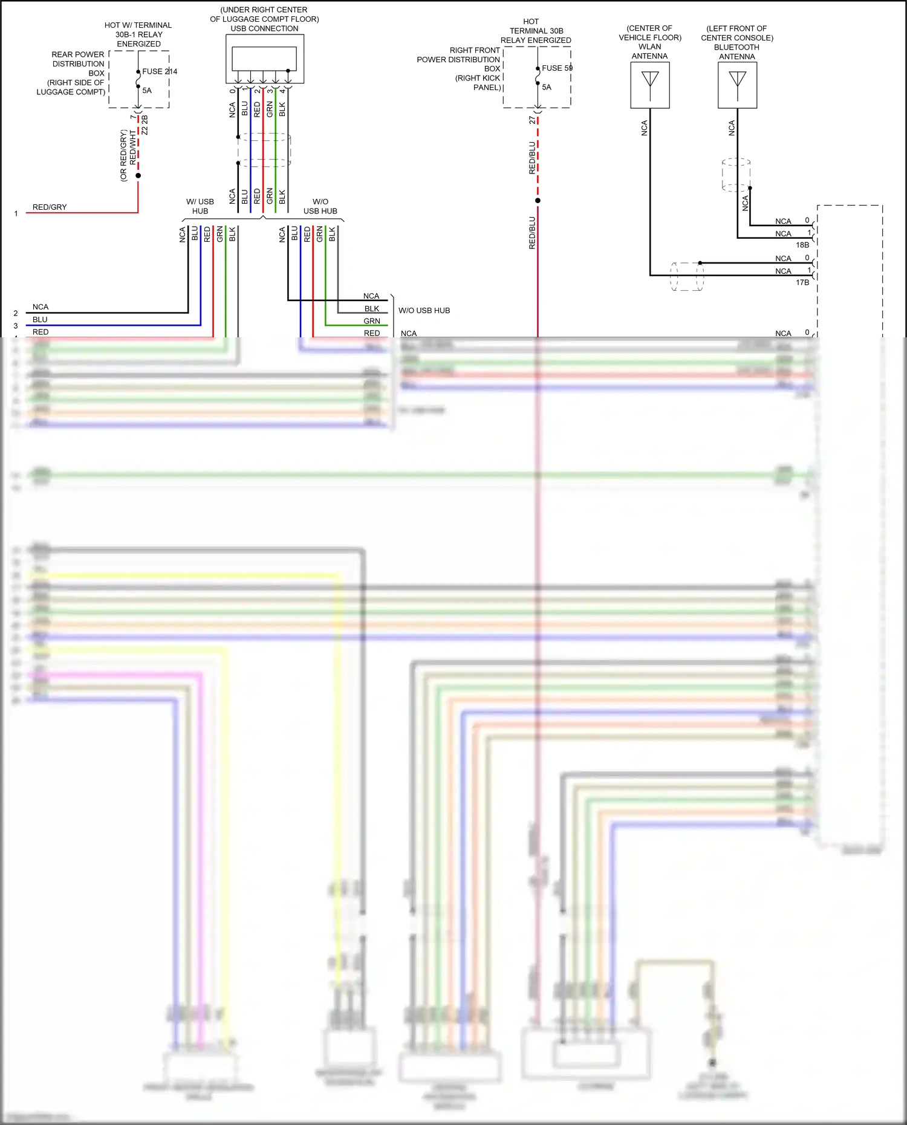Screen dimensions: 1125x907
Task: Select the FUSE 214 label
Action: point(160,71)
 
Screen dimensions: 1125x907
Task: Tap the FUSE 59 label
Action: point(557,68)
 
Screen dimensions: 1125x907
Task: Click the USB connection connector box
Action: point(264,59)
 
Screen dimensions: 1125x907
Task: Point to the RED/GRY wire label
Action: point(50,207)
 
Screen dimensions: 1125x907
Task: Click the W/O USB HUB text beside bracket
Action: point(424,311)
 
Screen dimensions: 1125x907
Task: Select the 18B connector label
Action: point(802,245)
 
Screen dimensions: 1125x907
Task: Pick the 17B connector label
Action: point(802,282)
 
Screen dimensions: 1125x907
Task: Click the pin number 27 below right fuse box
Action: point(532,120)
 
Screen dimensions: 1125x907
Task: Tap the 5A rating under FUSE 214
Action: point(147,91)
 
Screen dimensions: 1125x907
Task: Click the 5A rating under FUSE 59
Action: point(547,87)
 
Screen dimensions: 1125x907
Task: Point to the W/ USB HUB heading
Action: point(200,206)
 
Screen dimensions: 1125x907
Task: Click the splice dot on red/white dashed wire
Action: point(138,176)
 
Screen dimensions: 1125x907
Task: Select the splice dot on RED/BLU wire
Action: point(538,201)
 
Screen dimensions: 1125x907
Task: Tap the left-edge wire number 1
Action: point(16,213)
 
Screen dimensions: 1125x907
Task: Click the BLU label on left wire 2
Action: point(40,320)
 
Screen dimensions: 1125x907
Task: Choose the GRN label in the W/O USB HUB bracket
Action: point(372,321)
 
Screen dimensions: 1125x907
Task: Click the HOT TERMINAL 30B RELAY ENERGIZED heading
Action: point(535,31)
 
